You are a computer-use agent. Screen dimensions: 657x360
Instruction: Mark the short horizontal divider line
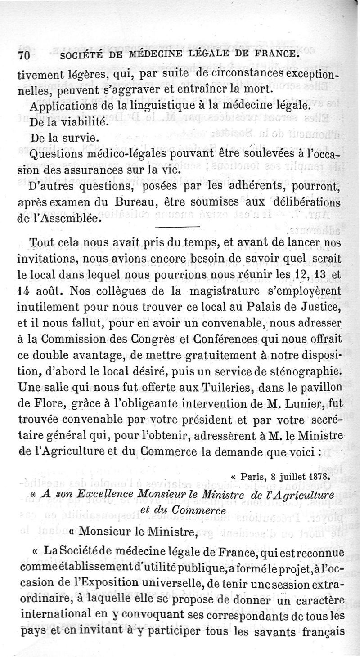click(x=176, y=226)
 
